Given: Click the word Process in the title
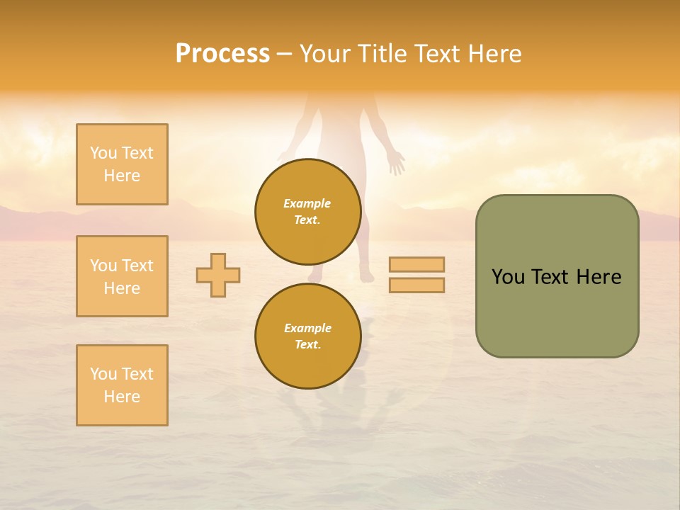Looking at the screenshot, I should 222,54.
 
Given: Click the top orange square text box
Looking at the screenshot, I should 122,164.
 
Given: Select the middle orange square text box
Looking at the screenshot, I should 122,276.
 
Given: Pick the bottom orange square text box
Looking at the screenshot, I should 122,385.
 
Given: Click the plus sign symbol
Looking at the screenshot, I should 218,275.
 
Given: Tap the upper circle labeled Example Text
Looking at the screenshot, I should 307,212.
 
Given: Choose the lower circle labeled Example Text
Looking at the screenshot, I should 307,336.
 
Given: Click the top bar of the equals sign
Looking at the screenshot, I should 416,264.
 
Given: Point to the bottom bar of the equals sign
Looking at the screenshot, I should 416,285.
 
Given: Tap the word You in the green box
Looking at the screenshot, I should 507,277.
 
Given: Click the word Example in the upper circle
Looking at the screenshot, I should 307,203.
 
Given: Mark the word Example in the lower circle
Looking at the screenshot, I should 307,328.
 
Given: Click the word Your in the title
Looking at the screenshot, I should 324,54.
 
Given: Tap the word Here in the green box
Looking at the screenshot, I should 599,277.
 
